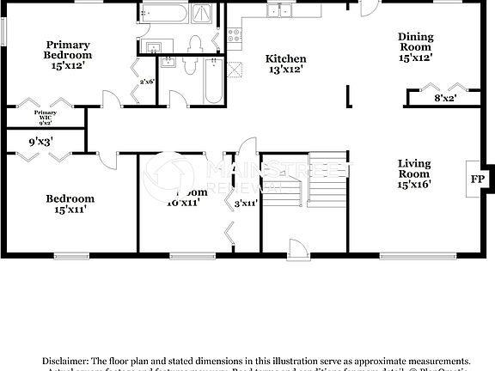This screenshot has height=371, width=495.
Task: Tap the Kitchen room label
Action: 287,64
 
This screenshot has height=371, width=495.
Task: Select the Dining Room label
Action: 414,47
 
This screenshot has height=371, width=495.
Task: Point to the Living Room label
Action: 414,173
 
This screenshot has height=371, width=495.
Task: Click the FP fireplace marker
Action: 476,179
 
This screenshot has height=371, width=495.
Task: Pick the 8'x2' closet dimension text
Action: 444,99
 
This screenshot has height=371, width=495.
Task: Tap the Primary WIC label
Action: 46,117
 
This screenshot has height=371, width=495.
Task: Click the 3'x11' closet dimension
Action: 246,204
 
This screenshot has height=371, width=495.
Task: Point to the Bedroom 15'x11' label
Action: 69,204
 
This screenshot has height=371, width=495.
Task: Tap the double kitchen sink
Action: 279,10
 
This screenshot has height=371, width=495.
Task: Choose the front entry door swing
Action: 298,247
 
